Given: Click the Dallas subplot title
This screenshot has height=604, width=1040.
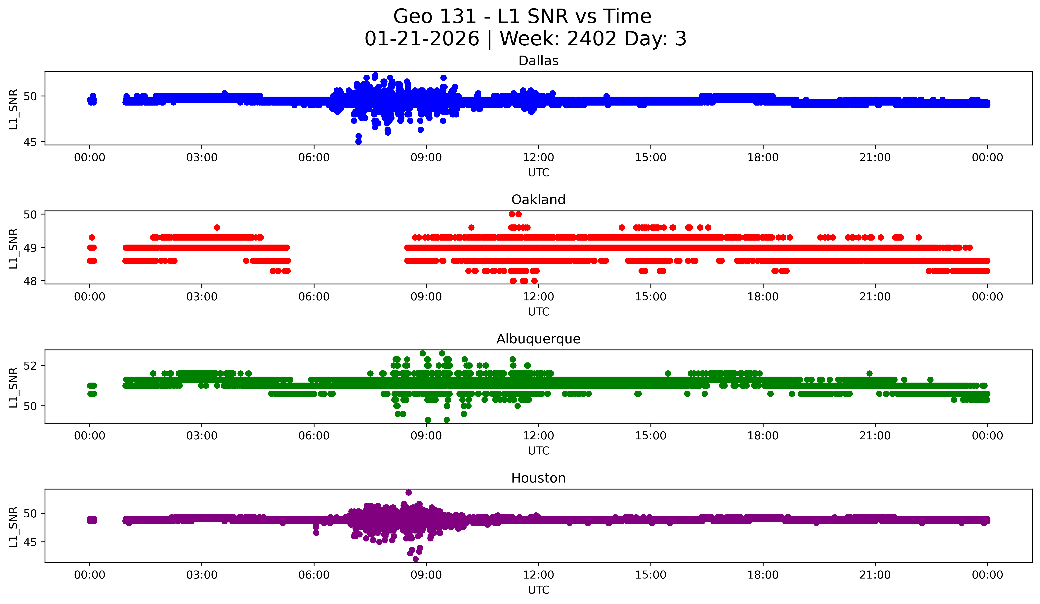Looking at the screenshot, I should tap(538, 61).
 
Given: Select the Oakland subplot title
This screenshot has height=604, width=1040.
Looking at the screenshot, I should tap(538, 200).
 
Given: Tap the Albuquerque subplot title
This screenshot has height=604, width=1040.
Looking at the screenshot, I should tap(538, 339).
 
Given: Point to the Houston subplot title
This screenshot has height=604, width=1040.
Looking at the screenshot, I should tap(538, 478).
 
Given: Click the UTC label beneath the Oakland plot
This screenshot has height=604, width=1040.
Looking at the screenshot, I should tap(538, 312).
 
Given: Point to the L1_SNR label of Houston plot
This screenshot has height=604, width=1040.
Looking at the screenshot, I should tap(13, 527).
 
